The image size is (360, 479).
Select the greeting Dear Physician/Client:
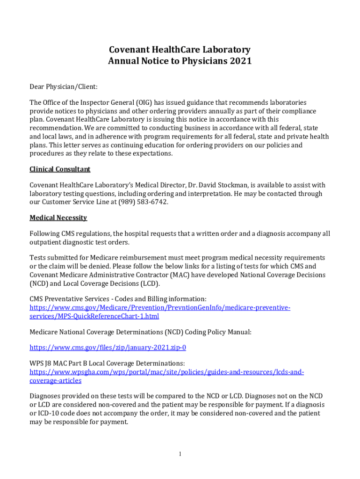point(64,87)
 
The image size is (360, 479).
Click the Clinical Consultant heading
point(60,169)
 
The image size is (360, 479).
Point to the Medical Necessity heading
point(58,218)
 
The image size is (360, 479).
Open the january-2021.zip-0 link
point(108,348)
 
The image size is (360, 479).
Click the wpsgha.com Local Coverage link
point(166,372)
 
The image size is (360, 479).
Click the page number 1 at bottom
point(180,454)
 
